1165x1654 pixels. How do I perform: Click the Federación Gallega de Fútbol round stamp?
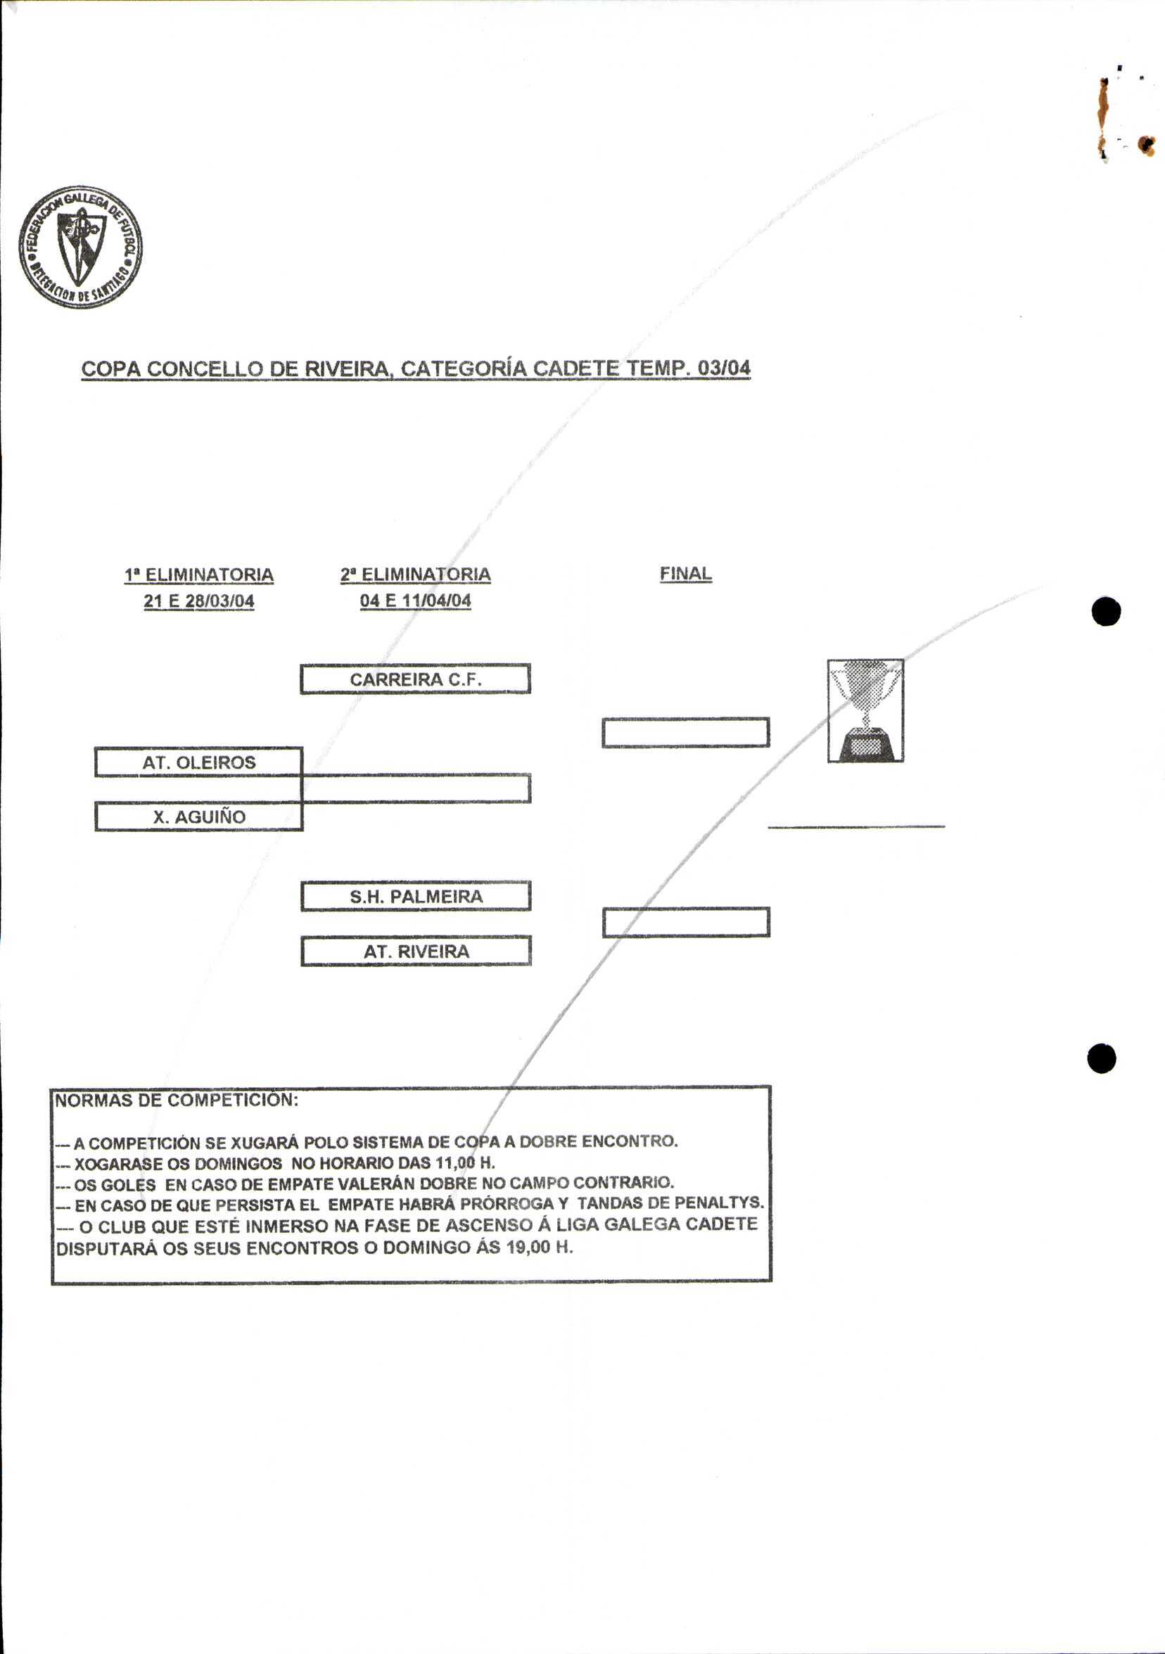click(80, 247)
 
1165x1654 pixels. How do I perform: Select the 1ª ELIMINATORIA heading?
click(199, 575)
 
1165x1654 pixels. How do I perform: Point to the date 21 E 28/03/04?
click(199, 601)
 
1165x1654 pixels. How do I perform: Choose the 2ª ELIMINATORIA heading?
click(415, 575)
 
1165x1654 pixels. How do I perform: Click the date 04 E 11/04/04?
click(415, 601)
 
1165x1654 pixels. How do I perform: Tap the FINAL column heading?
click(685, 573)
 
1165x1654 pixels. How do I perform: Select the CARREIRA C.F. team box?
click(415, 679)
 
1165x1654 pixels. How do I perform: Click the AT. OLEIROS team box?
click(198, 762)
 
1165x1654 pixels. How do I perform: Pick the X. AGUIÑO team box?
click(198, 816)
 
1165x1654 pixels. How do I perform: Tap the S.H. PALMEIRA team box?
click(415, 896)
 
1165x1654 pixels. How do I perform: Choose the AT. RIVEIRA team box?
click(415, 951)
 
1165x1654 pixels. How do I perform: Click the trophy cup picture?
click(865, 710)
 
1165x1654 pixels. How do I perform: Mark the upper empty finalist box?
click(685, 733)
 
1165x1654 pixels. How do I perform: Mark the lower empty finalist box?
click(685, 922)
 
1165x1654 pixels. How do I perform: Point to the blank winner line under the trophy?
click(856, 826)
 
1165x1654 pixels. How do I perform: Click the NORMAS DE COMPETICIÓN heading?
click(177, 1100)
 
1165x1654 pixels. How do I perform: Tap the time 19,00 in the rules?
click(528, 1247)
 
